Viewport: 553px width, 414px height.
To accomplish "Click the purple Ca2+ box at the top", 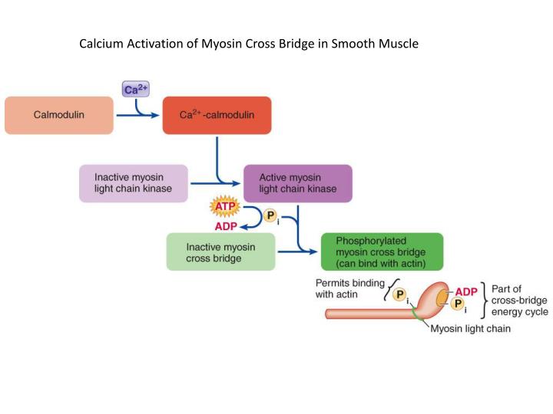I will pyautogui.click(x=135, y=89).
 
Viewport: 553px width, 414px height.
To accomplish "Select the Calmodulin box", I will pyautogui.click(x=59, y=115).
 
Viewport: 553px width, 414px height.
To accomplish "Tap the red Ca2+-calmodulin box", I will pyautogui.click(x=217, y=115).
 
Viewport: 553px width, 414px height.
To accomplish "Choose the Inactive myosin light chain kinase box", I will pyautogui.click(x=133, y=183).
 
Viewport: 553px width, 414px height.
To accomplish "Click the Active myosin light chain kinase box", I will pyautogui.click(x=297, y=183).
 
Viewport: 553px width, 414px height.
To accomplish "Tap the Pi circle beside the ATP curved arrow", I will pyautogui.click(x=270, y=216).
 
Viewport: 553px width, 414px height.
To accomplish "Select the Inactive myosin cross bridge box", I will pyautogui.click(x=220, y=252).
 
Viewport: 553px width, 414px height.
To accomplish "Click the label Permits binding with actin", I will pyautogui.click(x=350, y=287).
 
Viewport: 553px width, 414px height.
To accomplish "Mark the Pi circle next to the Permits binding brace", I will pyautogui.click(x=399, y=295).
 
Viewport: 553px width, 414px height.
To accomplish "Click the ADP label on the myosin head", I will pyautogui.click(x=465, y=292).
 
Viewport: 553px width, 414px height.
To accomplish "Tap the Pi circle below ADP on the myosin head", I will pyautogui.click(x=458, y=305).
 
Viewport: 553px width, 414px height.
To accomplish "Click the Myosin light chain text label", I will pyautogui.click(x=469, y=329).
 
